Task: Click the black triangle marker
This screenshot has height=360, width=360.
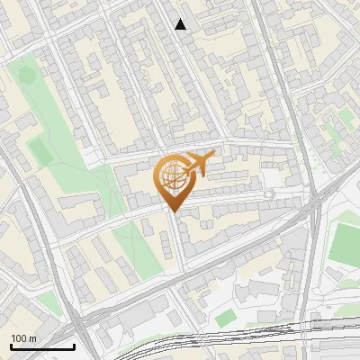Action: (x=181, y=24)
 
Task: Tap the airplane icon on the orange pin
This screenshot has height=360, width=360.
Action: (x=196, y=163)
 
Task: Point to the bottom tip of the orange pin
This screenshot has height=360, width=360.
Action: (x=173, y=212)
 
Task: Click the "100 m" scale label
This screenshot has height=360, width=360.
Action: (x=23, y=338)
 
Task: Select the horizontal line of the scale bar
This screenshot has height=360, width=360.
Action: (x=42, y=346)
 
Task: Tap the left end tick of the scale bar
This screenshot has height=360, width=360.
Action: (x=11, y=345)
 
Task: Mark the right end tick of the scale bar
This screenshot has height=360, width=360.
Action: (x=74, y=345)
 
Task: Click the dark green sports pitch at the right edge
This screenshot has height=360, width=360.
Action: (x=345, y=243)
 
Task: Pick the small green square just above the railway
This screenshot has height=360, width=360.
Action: (x=224, y=318)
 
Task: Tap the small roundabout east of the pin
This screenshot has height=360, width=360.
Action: (x=268, y=194)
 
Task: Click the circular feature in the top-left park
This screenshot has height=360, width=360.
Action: (x=27, y=76)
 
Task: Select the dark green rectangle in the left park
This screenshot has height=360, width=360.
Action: (x=40, y=149)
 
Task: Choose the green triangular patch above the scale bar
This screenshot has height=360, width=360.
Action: (x=49, y=304)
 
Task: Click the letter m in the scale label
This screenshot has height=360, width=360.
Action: (x=32, y=338)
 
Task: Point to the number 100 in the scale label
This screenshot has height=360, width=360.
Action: (x=19, y=338)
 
